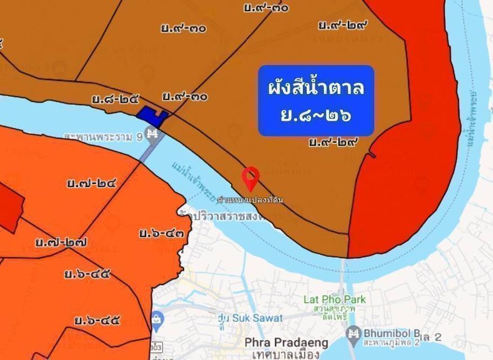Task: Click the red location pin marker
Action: tap(250, 178)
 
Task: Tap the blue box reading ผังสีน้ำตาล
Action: tap(316, 101)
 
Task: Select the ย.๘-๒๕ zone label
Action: tap(115, 100)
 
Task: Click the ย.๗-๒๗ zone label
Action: tap(61, 243)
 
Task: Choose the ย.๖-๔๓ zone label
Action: tap(162, 232)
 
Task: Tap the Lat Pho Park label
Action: tap(334, 299)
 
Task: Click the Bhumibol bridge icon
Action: tap(353, 332)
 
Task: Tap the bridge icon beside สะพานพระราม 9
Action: tap(152, 134)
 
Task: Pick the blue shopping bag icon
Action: tap(157, 319)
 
